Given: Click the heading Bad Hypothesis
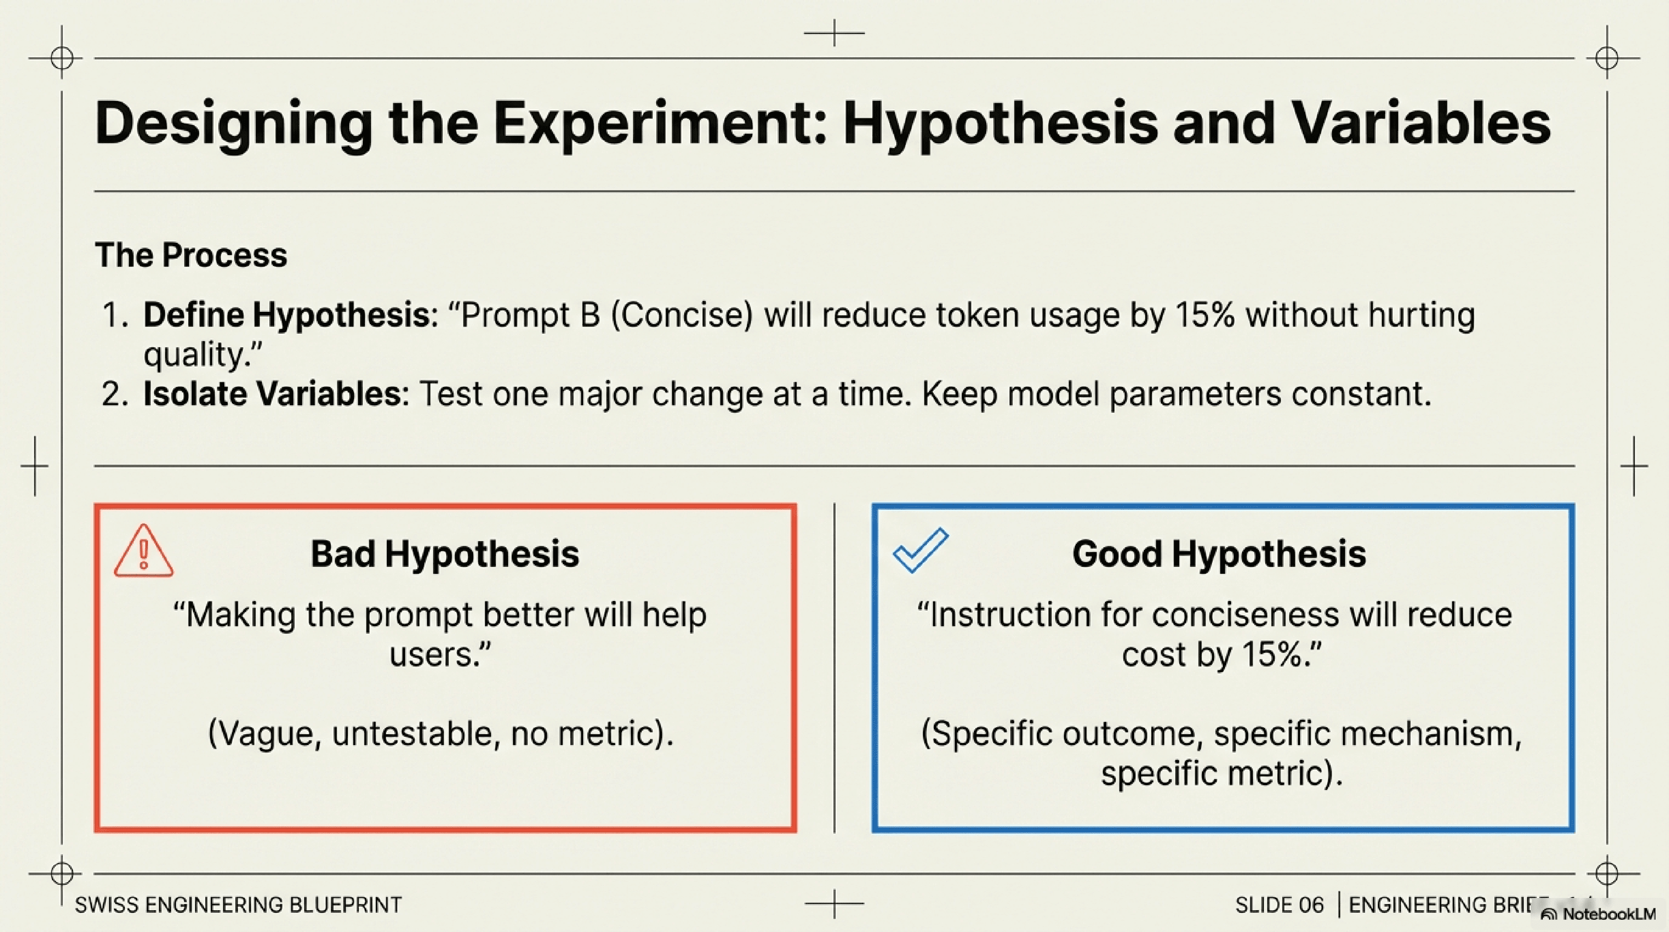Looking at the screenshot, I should (x=444, y=554).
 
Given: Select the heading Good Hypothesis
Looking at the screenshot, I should (x=1219, y=554).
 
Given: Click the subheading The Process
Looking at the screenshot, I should (x=191, y=255).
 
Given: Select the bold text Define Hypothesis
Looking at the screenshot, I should (x=286, y=315).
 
